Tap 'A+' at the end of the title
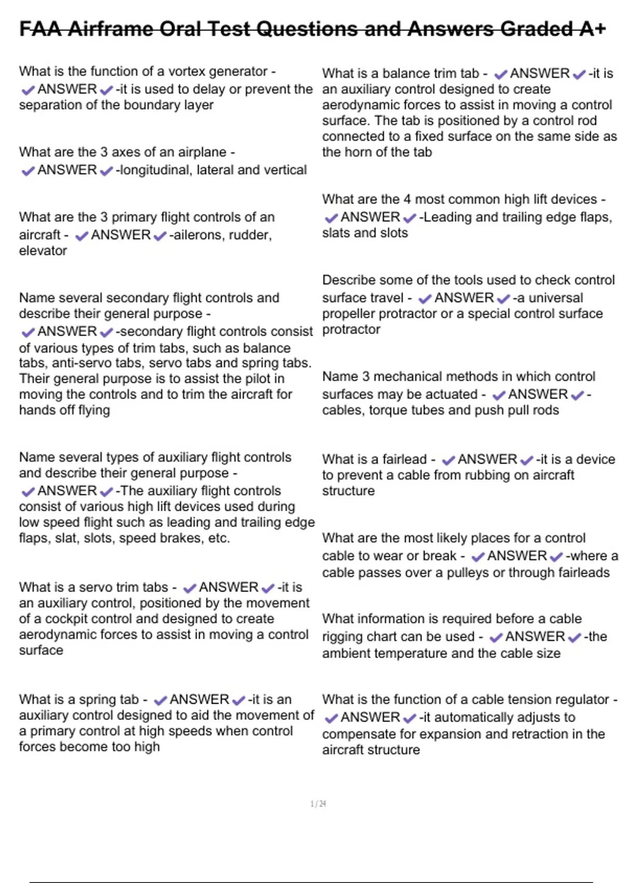pos(592,29)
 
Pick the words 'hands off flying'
pos(64,410)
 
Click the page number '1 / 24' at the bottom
pos(318,804)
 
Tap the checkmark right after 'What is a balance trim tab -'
pos(500,74)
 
